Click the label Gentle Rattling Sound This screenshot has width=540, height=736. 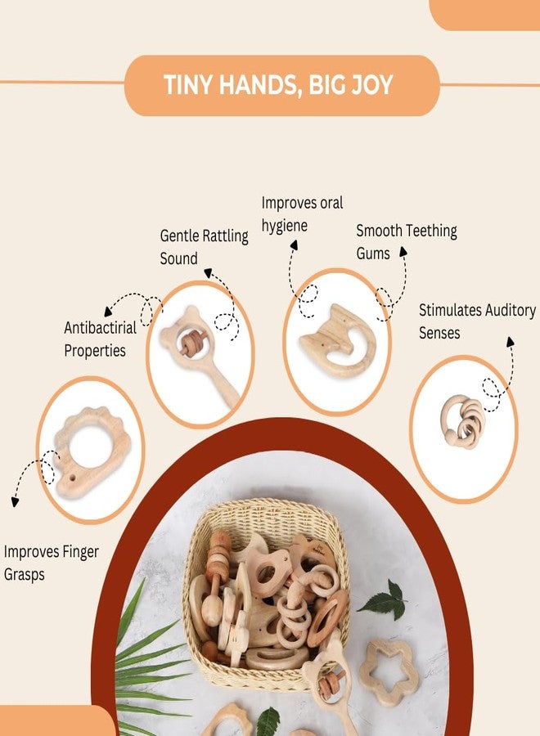[205, 247]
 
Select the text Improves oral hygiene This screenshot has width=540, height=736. [302, 214]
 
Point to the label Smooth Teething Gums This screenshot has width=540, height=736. [407, 242]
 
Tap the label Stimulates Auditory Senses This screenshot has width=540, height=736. [477, 321]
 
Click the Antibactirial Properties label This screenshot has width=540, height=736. [100, 339]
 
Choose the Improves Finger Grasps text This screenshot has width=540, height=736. [52, 563]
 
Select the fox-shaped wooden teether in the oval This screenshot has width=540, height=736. [337, 340]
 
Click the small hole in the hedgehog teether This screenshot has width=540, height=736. [72, 478]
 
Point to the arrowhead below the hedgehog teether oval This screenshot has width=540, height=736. [15, 502]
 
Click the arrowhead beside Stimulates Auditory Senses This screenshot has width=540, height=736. [511, 342]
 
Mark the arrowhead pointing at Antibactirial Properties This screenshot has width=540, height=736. [109, 312]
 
